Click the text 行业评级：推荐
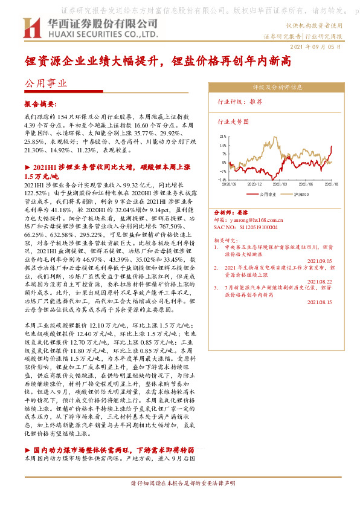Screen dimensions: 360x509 click(x=239, y=103)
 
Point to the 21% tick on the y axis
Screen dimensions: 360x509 click(x=223, y=137)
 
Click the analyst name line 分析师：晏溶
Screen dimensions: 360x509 click(x=231, y=214)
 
